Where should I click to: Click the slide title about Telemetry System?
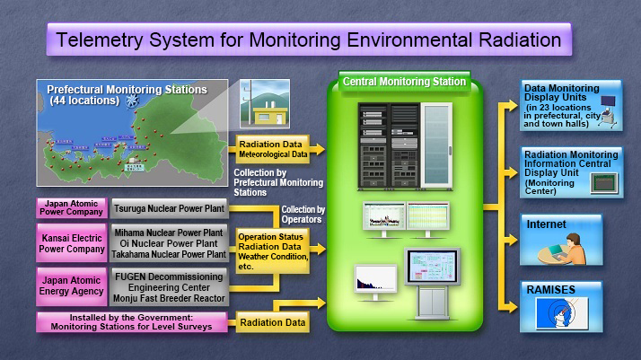coord(310,40)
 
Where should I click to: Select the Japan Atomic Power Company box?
coord(72,207)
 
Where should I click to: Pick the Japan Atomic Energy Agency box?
coord(72,284)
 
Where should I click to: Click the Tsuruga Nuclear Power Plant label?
coord(170,207)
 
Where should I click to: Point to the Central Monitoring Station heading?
coord(404,82)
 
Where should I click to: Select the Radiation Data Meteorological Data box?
coord(272,147)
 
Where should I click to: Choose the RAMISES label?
coord(550,290)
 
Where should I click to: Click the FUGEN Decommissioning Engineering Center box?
coord(170,284)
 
